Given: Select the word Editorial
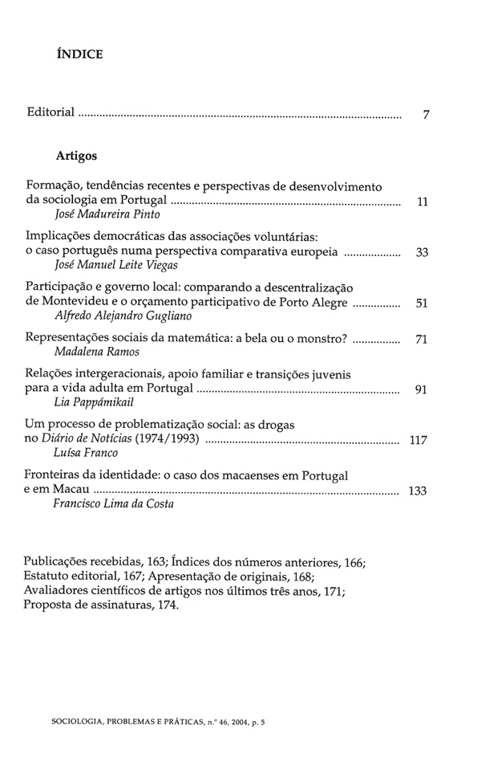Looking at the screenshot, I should (x=51, y=114).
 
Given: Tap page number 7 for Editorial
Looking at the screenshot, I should (x=427, y=115).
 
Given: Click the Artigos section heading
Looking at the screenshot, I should (x=77, y=157).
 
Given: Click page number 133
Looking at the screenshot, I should (x=417, y=491).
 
